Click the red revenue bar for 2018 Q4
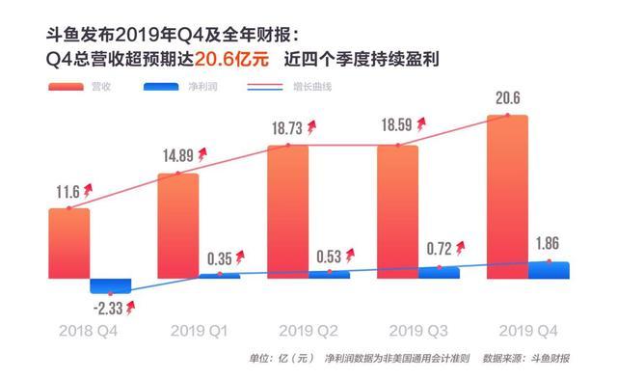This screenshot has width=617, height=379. coord(68,244)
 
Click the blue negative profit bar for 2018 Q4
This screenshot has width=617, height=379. coord(110,286)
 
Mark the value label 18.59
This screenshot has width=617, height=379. coord(398,128)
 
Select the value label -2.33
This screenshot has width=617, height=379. coord(109,307)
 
